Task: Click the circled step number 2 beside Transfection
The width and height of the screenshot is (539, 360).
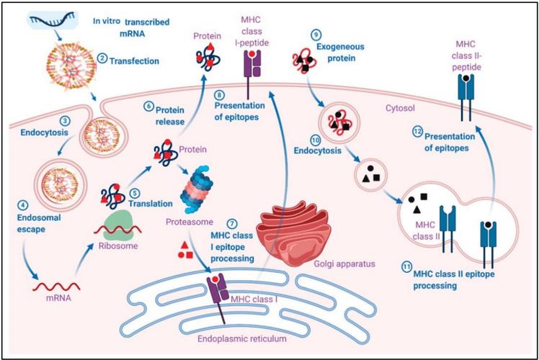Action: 102,58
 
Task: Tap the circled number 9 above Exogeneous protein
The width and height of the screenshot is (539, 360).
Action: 316,35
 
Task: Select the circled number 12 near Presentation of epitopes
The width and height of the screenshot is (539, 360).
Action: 418,132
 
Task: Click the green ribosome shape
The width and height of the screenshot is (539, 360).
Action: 118,225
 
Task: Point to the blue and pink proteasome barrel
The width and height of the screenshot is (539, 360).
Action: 196,189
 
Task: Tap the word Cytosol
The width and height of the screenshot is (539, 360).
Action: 400,108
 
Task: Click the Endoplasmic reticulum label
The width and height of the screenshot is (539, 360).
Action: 242,338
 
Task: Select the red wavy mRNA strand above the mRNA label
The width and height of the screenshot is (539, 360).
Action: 56,286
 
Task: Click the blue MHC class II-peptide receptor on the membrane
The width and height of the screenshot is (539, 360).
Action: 465,97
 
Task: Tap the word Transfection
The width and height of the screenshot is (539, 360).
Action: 134,61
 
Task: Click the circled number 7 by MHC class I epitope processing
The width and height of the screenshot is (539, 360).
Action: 233,224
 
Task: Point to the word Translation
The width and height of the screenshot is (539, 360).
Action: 151,203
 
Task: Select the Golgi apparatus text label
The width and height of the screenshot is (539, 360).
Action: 344,264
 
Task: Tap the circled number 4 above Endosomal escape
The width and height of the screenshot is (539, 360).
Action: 22,206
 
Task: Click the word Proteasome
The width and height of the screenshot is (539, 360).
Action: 190,222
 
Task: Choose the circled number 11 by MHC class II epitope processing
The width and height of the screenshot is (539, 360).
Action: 407,267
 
